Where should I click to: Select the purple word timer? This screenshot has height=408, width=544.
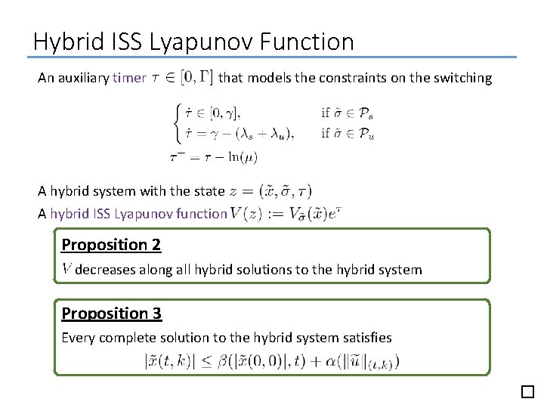129,78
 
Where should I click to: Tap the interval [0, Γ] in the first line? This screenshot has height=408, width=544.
196,77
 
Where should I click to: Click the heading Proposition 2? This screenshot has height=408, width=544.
111,245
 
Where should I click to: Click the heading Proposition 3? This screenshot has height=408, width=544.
111,314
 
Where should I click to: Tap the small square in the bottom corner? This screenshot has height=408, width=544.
527,391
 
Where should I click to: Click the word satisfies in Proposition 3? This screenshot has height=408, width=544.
366,338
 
